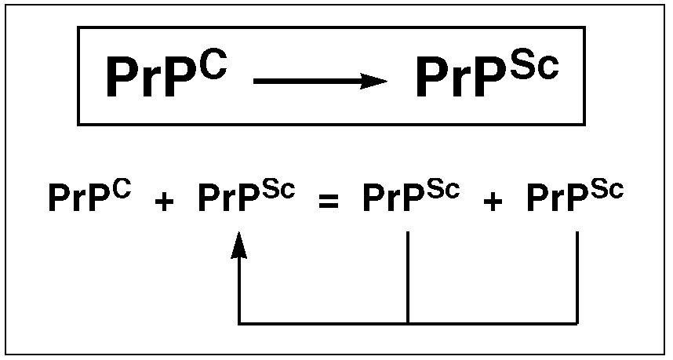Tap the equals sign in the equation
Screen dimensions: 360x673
[329, 201]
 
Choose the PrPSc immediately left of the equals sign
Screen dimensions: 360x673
[246, 198]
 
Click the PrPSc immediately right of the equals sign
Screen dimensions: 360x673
[410, 198]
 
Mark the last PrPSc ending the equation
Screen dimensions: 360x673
[575, 198]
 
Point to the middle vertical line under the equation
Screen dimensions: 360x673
[408, 275]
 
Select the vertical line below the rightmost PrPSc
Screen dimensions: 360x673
[577, 275]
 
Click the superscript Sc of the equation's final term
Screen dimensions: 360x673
[606, 190]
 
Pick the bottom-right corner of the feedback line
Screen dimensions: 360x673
[577, 322]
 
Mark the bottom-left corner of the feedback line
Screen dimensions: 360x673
[239, 322]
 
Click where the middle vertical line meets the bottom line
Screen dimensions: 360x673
[408, 322]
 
